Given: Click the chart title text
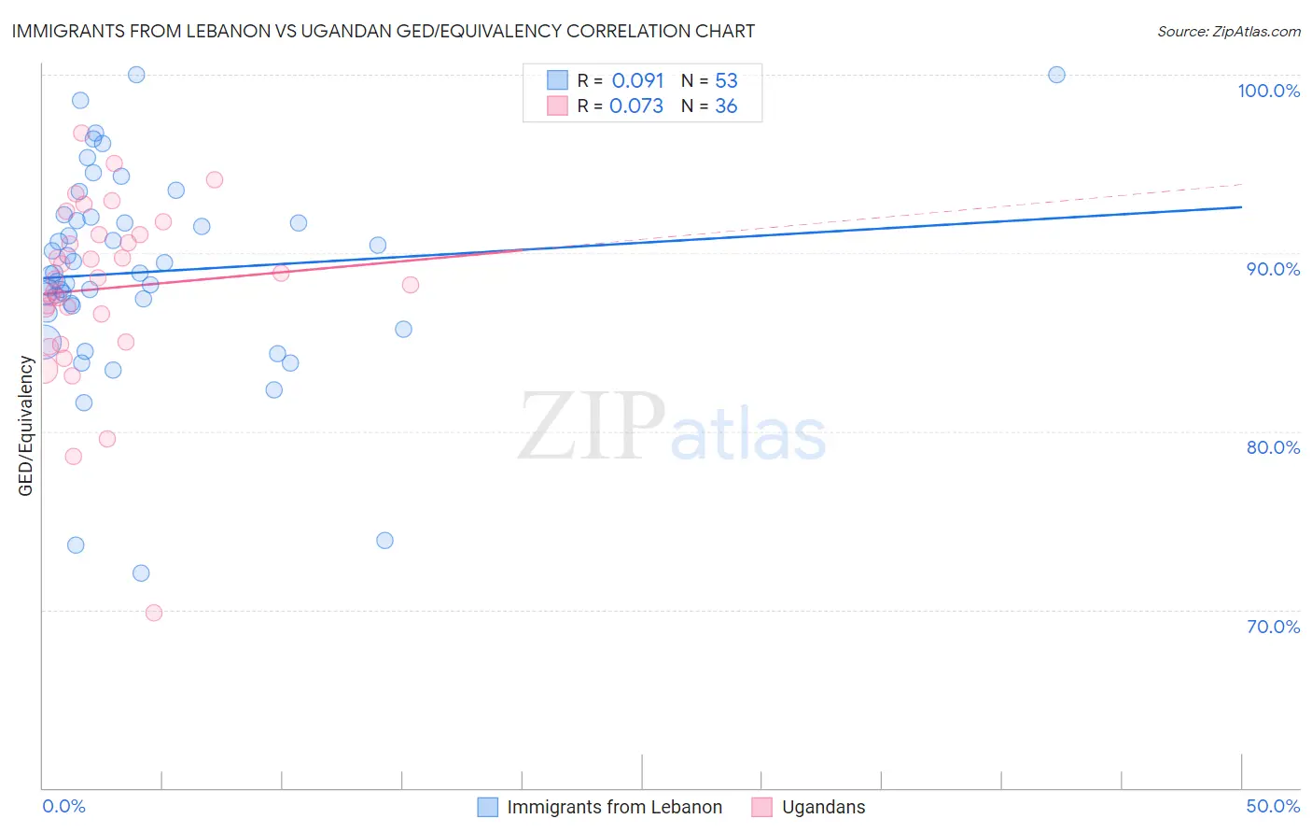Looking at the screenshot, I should [x=384, y=31].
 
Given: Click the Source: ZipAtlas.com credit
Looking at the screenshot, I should [x=1228, y=31].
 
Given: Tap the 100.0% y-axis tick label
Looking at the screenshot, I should [x=1268, y=91].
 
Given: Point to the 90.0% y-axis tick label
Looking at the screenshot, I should [x=1273, y=269].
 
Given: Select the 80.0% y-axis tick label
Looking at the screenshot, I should [x=1273, y=447].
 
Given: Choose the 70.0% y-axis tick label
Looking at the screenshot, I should [x=1273, y=627].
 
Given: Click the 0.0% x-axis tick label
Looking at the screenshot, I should [x=63, y=806].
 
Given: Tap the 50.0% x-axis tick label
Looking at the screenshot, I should [x=1273, y=806].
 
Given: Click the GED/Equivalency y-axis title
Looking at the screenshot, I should [x=26, y=426].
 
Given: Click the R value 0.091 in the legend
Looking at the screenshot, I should [x=637, y=80].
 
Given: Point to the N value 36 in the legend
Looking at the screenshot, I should [x=726, y=106].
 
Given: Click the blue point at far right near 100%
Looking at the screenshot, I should [x=1056, y=75].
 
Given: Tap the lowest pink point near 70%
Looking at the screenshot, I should [x=154, y=613].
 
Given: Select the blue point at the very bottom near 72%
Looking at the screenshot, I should [x=141, y=573].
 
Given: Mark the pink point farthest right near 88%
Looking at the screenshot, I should [x=411, y=285].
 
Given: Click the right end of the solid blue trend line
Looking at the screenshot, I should [x=1241, y=206].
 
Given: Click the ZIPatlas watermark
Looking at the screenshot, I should [x=672, y=428].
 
